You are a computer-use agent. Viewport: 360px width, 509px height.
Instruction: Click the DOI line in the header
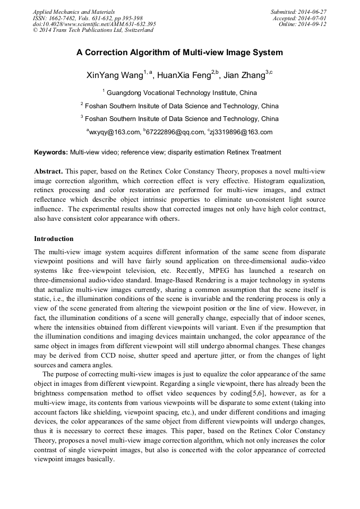(94, 24)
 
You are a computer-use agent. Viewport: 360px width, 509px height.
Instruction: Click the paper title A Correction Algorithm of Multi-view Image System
(179, 53)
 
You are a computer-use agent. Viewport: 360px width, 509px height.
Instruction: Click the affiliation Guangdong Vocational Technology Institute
(182, 92)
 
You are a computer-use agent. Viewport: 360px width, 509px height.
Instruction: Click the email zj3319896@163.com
(241, 132)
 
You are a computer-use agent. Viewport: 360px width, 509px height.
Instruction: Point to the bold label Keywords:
(51, 152)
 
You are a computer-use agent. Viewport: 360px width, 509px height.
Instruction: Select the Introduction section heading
(54, 239)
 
